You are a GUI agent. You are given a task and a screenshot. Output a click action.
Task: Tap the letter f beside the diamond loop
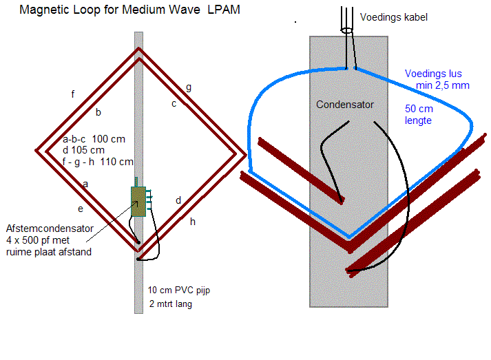tap(72, 94)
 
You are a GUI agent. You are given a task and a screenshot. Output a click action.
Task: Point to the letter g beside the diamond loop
tap(188, 87)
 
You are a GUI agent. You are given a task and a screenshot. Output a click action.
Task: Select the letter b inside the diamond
tap(98, 112)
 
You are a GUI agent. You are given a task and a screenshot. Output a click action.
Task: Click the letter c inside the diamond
tap(174, 103)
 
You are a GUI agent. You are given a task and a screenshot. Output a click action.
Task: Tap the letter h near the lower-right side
tap(193, 221)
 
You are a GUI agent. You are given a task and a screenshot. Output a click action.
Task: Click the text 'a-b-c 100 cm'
tap(94, 139)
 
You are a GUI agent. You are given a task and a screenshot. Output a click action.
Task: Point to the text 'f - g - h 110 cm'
tap(98, 162)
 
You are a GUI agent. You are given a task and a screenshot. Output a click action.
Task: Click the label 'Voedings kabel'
tap(395, 17)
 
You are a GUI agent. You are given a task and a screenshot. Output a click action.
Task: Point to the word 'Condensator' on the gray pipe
tap(345, 105)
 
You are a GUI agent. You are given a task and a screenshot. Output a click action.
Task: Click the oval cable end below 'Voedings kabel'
tap(346, 29)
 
